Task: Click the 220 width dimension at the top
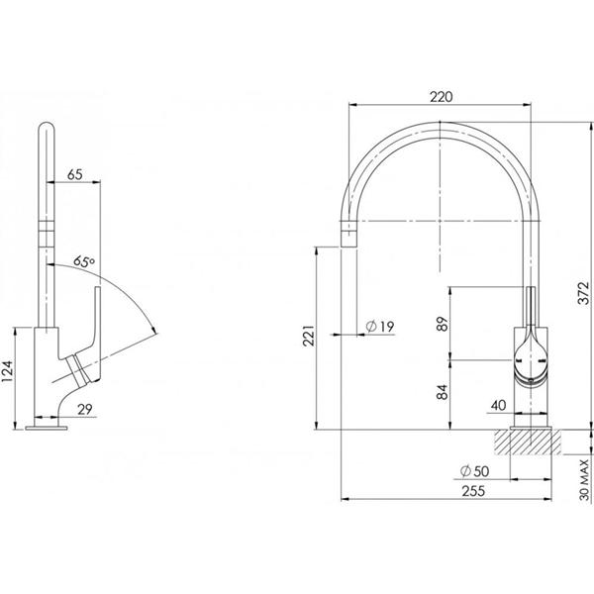(x=442, y=96)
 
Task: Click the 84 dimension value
(x=442, y=393)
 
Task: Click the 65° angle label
(x=84, y=262)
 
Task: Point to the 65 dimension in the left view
(x=73, y=175)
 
